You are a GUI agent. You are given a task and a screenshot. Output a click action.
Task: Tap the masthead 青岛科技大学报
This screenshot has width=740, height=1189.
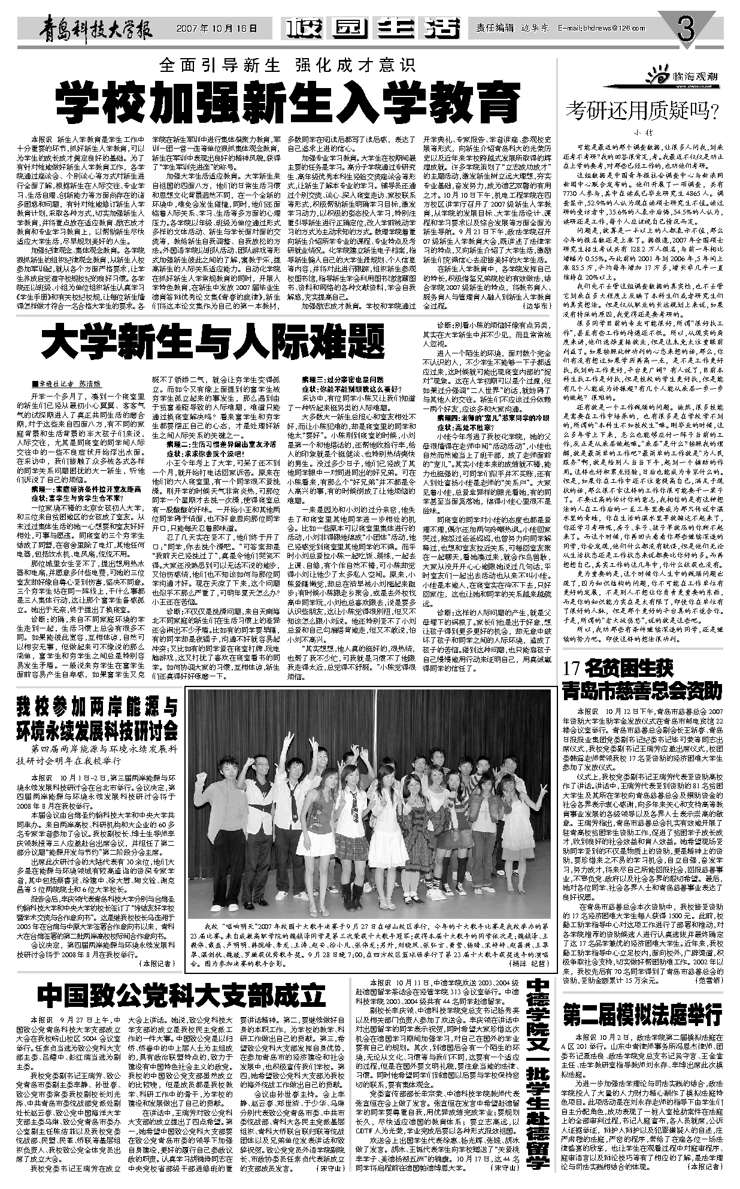coord(98,28)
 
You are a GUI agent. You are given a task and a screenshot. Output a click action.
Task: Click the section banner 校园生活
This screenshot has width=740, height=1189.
coord(374,28)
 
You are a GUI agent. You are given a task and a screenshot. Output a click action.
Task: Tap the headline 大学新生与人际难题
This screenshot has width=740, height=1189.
coord(212,342)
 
